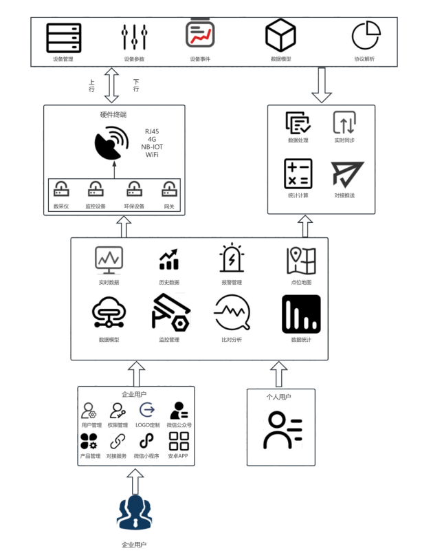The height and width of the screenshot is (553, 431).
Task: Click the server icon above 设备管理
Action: (x=64, y=38)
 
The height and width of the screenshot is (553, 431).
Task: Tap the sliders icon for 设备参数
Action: (x=134, y=38)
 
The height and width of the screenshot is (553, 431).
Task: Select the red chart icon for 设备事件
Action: (x=200, y=34)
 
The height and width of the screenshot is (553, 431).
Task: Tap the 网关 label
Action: (x=169, y=206)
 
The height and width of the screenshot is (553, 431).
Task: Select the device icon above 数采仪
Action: (x=62, y=188)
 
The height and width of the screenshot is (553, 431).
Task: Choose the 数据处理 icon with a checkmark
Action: (x=298, y=122)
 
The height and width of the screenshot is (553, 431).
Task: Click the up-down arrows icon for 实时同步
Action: (x=344, y=122)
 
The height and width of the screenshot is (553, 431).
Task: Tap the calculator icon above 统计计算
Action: (x=298, y=173)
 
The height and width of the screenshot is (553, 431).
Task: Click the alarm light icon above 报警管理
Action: (x=232, y=260)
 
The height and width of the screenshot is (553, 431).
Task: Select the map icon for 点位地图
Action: (x=301, y=261)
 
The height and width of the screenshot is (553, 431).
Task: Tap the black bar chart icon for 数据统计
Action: (x=301, y=314)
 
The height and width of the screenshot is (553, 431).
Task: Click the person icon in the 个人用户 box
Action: (x=281, y=431)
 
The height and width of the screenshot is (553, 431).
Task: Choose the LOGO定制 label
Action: (x=147, y=425)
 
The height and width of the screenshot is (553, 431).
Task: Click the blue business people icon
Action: (x=134, y=513)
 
